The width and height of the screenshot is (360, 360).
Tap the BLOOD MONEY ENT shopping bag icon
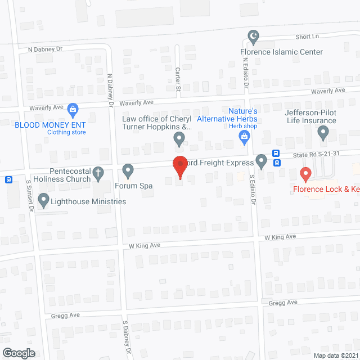pyautogui.click(x=72, y=109)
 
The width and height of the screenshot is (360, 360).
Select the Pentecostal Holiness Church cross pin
pyautogui.click(x=98, y=172)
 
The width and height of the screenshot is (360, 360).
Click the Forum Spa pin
pyautogui.click(x=128, y=170)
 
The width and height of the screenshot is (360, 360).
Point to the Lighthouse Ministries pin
pyautogui.click(x=44, y=200)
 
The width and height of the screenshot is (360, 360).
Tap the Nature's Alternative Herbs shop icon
pyautogui.click(x=244, y=136)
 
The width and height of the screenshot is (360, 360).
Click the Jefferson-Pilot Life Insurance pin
pyautogui.click(x=323, y=133)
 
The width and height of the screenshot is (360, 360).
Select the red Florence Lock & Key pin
pyautogui.click(x=305, y=174)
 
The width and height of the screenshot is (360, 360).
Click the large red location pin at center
pyautogui.click(x=179, y=166)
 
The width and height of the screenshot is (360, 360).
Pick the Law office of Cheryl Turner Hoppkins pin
pyautogui.click(x=179, y=138)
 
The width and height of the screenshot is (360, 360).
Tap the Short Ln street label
pyautogui.click(x=308, y=37)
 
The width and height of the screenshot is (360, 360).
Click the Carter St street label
pyautogui.click(x=177, y=79)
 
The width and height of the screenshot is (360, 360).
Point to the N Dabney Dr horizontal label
pyautogui.click(x=45, y=49)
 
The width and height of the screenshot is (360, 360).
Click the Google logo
pyautogui.click(x=19, y=353)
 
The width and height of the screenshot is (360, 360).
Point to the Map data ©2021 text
pyautogui.click(x=335, y=355)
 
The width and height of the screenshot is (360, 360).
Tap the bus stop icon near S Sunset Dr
pyautogui.click(x=9, y=180)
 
